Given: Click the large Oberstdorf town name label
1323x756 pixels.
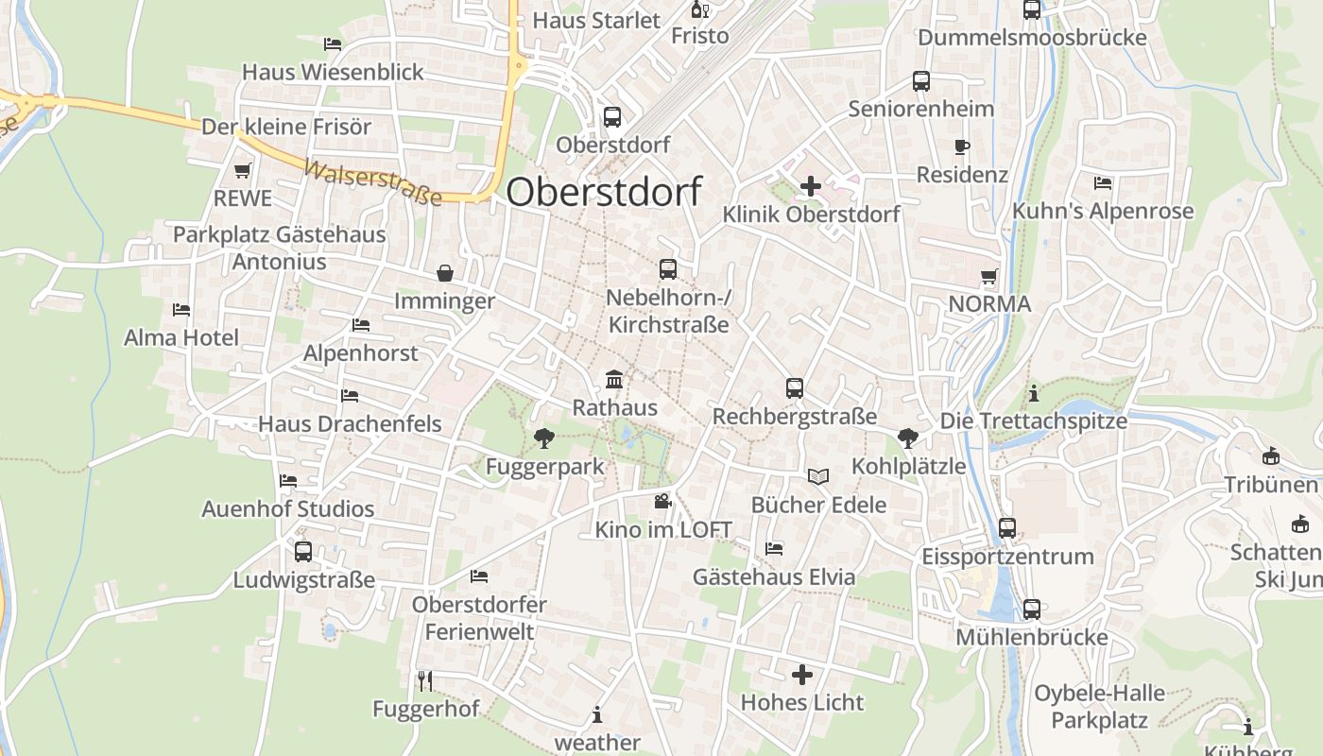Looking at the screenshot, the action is [x=603, y=191].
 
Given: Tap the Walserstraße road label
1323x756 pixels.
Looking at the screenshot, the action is [x=373, y=182].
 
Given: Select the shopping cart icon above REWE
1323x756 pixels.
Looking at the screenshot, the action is [x=242, y=171].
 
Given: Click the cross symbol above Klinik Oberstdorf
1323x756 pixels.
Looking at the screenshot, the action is [x=810, y=186].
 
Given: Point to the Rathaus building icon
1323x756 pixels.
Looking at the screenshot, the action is [x=614, y=380].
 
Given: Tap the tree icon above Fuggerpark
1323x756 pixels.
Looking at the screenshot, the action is [x=543, y=438].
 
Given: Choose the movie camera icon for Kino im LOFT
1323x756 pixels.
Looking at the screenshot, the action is [x=662, y=501].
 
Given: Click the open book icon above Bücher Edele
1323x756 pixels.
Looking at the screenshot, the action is [x=818, y=476].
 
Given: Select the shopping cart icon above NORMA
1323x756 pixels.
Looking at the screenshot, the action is [x=989, y=277].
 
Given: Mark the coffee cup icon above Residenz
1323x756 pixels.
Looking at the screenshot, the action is [x=962, y=147].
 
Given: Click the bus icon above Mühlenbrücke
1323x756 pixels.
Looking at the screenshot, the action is [x=1031, y=610].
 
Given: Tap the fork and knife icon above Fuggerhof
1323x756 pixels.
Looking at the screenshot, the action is [x=425, y=680].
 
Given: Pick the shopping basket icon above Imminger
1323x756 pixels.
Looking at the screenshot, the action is [x=444, y=273].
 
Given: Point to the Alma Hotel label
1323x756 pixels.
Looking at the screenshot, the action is [x=181, y=337].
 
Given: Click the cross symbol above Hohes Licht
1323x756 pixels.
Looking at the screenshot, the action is [x=801, y=675].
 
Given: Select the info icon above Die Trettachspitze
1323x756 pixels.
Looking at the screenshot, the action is [x=1034, y=393].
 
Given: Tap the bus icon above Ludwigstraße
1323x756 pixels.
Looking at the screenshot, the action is [x=303, y=552].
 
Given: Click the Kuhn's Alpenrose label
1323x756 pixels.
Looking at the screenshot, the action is [x=1103, y=211].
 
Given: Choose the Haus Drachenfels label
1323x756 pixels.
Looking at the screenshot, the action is [x=350, y=423].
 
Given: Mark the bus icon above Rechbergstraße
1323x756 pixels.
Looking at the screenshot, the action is [x=795, y=388].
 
